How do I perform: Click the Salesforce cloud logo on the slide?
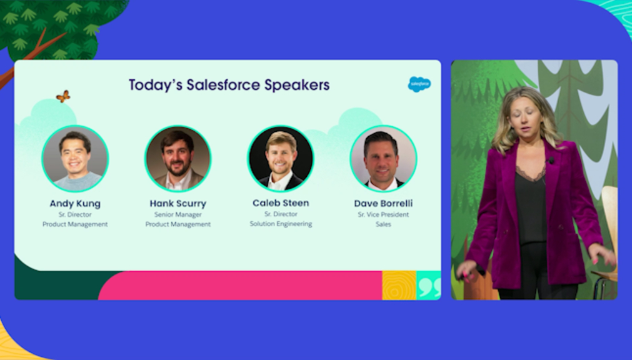pyautogui.click(x=419, y=84)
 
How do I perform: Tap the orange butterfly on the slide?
pyautogui.click(x=63, y=96)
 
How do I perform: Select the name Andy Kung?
pyautogui.click(x=75, y=204)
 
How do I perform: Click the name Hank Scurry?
pyautogui.click(x=178, y=204)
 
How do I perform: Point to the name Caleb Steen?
pyautogui.click(x=281, y=203)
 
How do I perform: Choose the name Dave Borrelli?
pyautogui.click(x=383, y=204)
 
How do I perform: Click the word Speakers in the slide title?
pyautogui.click(x=297, y=86)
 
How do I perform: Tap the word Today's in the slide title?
pyautogui.click(x=156, y=85)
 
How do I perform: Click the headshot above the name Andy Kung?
pyautogui.click(x=75, y=158)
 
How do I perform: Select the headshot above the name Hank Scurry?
pyautogui.click(x=178, y=158)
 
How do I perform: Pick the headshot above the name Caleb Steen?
pyautogui.click(x=281, y=158)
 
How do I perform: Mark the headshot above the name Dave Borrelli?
pyautogui.click(x=383, y=158)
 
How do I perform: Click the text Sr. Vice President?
pyautogui.click(x=383, y=215)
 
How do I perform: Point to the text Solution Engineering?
pyautogui.click(x=281, y=224)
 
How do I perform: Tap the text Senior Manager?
pyautogui.click(x=178, y=215)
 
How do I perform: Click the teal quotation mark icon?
pyautogui.click(x=429, y=286)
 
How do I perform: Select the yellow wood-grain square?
pyautogui.click(x=399, y=286)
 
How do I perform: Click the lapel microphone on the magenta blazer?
pyautogui.click(x=551, y=161)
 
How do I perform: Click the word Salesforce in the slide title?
pyautogui.click(x=223, y=85)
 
